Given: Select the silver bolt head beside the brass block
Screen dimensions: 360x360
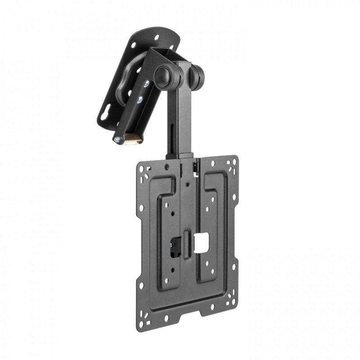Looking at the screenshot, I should pos(117,140).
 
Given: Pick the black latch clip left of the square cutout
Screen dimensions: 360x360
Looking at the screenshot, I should pos(174,247).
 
